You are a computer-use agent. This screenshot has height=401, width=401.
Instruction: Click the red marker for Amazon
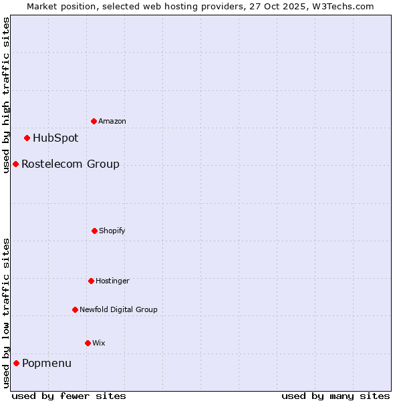pyautogui.click(x=94, y=121)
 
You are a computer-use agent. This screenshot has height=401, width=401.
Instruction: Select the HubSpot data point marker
pyautogui.click(x=27, y=138)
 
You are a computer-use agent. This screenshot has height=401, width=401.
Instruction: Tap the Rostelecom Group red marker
pyautogui.click(x=15, y=164)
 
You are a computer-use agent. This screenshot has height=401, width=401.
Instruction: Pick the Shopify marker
pyautogui.click(x=94, y=231)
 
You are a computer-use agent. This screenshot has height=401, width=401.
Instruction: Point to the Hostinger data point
pyautogui.click(x=91, y=281)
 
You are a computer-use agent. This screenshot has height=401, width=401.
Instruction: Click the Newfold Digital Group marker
pyautogui.click(x=75, y=309)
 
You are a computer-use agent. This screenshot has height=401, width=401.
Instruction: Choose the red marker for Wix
pyautogui.click(x=88, y=343)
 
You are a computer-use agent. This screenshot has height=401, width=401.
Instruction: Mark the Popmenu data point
pyautogui.click(x=16, y=363)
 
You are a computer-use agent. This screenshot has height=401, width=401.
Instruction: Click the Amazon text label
pyautogui.click(x=112, y=122)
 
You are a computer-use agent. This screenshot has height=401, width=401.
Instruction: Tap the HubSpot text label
pyautogui.click(x=55, y=138)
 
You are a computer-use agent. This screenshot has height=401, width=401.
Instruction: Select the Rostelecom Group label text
pyautogui.click(x=70, y=164)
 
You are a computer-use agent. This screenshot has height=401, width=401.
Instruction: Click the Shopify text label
pyautogui.click(x=112, y=231)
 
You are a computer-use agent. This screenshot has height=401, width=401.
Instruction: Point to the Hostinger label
pyautogui.click(x=112, y=281)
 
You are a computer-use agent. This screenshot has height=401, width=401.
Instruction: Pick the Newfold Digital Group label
pyautogui.click(x=118, y=310)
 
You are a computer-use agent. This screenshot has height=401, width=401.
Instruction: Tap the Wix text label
pyautogui.click(x=99, y=344)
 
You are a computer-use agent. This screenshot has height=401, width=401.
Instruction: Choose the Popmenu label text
pyautogui.click(x=47, y=364)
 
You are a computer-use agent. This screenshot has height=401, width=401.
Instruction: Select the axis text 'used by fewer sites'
pyautogui.click(x=69, y=396)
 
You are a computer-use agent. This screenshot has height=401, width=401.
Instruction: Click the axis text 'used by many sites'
pyautogui.click(x=336, y=396)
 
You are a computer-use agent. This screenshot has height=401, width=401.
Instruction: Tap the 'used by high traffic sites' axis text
pyautogui.click(x=6, y=95)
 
